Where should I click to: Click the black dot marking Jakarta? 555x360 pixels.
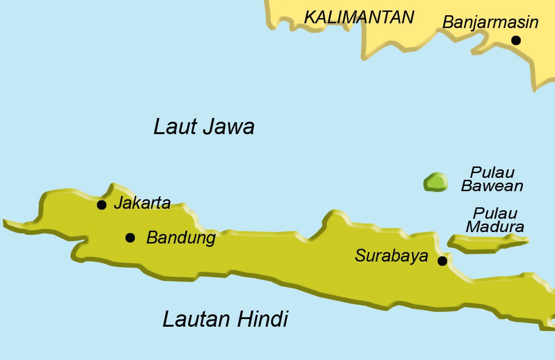coord(101,205)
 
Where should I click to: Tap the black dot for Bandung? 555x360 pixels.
coord(130,237)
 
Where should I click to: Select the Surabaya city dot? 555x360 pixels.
coord(442,261)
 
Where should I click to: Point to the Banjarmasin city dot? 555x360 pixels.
coord(516,40)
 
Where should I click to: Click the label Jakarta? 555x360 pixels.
coord(142,204)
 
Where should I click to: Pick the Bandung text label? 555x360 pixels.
coord(181,238)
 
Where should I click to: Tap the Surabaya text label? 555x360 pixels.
coord(391,256)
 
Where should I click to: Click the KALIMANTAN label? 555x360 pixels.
coord(359,18)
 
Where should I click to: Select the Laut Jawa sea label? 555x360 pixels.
coord(204,127)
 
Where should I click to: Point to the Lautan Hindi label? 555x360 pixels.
coord(225,319)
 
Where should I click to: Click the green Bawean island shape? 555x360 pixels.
coord(436,183)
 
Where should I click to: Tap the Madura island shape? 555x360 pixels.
coord(485,243)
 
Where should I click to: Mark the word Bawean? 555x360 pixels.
coord(492,186)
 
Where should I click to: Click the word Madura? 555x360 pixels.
coord(495,227)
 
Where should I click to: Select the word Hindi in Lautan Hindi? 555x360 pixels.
coord(263,319)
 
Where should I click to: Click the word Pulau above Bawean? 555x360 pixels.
coord(492,172)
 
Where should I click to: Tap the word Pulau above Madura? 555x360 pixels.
coord(495,213)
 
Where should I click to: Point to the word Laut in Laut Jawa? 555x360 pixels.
coord(172,127)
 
